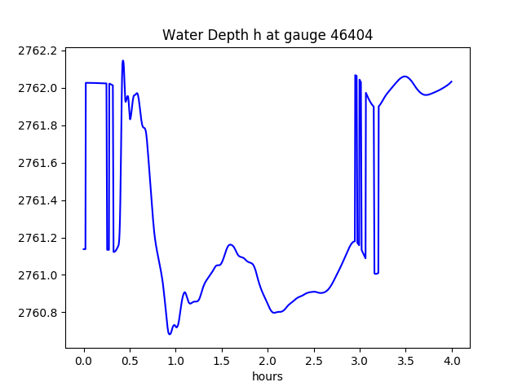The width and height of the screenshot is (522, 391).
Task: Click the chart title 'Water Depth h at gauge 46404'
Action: (x=268, y=35)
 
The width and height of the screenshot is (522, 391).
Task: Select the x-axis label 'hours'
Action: (x=268, y=376)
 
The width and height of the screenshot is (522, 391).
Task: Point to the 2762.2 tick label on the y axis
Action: (x=40, y=51)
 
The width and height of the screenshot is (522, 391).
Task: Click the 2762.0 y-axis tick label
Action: (x=40, y=88)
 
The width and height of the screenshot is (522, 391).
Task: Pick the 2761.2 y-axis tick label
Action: (x=40, y=238)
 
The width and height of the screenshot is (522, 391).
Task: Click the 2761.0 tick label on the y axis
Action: (x=40, y=275)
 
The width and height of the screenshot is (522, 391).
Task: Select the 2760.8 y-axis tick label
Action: (x=40, y=313)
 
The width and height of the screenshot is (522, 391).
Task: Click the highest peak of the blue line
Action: (x=123, y=60)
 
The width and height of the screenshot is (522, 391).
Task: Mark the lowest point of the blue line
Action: (x=170, y=334)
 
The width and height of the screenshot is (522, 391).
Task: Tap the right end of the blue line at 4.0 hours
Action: (x=451, y=81)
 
